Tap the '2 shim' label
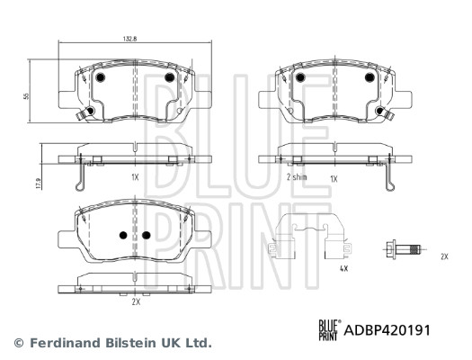(297, 177)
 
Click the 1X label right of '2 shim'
(334, 177)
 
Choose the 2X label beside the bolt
(443, 257)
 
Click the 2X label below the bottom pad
(136, 301)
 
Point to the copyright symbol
(19, 343)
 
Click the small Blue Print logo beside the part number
(329, 330)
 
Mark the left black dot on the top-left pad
(101, 78)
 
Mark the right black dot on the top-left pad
(168, 78)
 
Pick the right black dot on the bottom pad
(146, 234)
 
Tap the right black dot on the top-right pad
(369, 78)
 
